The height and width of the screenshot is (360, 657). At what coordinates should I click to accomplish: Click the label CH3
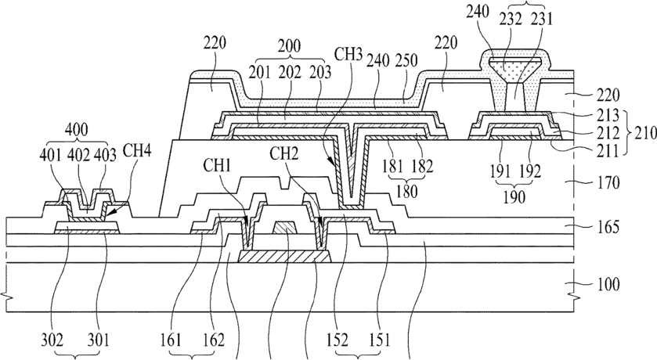click(x=348, y=56)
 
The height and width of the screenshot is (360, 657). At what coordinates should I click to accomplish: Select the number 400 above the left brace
click(x=77, y=130)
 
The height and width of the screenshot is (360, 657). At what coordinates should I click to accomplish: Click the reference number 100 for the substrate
click(x=607, y=284)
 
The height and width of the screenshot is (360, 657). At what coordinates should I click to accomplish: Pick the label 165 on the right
click(x=607, y=226)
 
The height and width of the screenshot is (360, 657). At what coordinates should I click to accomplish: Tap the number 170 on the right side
click(x=607, y=182)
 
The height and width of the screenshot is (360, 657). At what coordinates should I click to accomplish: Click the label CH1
click(x=217, y=166)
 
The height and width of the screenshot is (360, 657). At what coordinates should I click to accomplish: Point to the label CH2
click(x=284, y=154)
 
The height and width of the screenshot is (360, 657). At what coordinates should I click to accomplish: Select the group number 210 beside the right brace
click(x=645, y=134)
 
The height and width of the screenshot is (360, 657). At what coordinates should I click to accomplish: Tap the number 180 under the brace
click(x=406, y=191)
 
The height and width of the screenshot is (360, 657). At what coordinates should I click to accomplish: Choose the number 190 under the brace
click(x=514, y=196)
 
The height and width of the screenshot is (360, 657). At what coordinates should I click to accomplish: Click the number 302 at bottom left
click(x=52, y=340)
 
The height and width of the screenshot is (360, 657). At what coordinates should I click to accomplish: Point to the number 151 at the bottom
click(x=379, y=340)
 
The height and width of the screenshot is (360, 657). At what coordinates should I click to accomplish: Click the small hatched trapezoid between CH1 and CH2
click(x=285, y=228)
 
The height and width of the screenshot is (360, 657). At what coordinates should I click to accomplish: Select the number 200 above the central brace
click(x=289, y=46)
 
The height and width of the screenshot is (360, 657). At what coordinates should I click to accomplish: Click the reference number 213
click(x=607, y=115)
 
